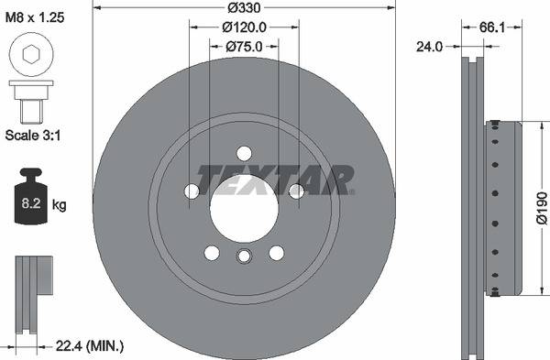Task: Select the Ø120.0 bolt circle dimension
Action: [x=245, y=27]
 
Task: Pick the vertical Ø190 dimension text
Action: [x=540, y=208]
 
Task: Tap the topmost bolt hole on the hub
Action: [x=244, y=153]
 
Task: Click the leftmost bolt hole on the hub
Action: [x=192, y=191]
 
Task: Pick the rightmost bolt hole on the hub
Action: [x=296, y=191]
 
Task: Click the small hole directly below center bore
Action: [x=244, y=256]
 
